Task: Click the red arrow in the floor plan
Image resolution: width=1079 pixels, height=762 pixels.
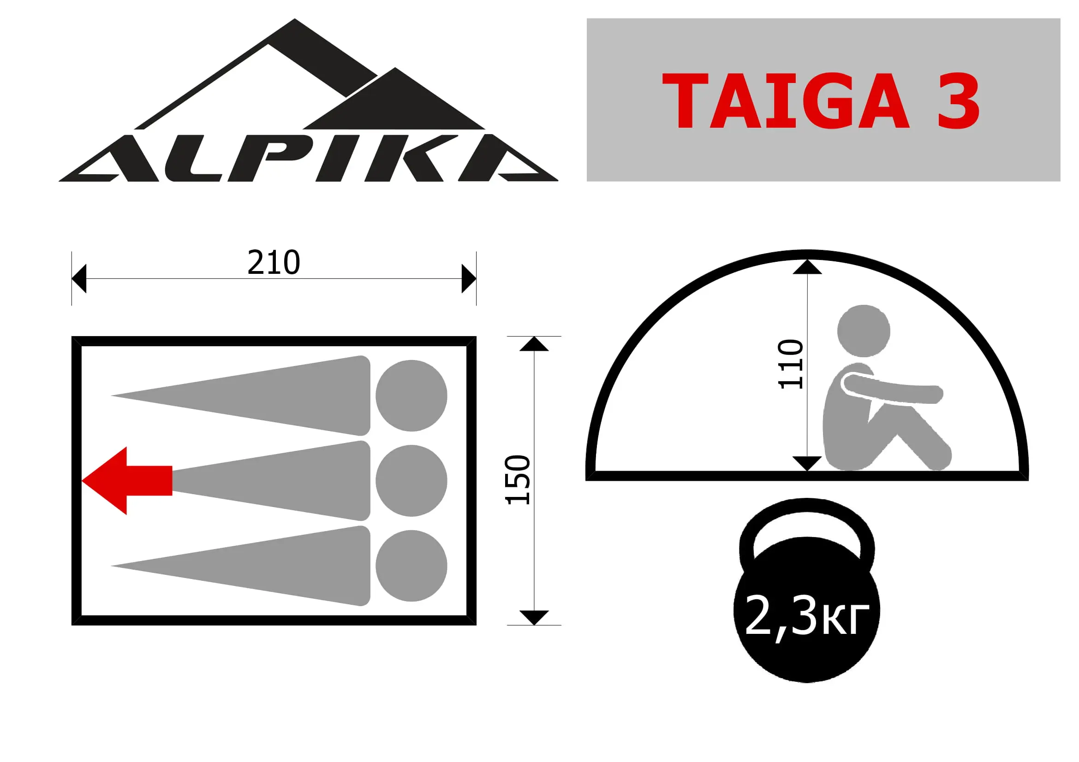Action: point(127,481)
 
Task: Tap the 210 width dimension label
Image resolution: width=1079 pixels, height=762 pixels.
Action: point(274,262)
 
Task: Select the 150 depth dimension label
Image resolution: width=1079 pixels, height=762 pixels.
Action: point(518,480)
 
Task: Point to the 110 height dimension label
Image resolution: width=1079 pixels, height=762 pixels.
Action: point(791,364)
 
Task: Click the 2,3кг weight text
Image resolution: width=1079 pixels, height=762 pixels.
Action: point(807,616)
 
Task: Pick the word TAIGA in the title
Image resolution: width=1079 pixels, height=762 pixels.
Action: point(785,100)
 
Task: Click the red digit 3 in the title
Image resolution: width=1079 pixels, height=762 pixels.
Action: point(959,100)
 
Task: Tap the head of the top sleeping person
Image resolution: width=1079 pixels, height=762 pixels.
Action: point(411,396)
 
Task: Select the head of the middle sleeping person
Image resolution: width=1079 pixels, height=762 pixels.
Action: point(411,480)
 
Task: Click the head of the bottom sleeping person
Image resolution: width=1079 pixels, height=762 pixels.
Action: point(411,566)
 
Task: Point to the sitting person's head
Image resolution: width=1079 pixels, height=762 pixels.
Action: point(864,331)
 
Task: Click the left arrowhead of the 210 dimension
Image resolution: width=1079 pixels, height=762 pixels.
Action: point(79,278)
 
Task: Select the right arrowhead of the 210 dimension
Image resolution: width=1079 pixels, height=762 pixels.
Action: point(469,278)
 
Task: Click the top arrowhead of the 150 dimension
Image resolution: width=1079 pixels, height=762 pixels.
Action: point(534,344)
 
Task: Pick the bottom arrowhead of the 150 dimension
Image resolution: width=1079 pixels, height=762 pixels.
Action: point(534,618)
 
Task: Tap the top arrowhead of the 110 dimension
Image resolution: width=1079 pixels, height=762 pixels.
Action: point(807,266)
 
